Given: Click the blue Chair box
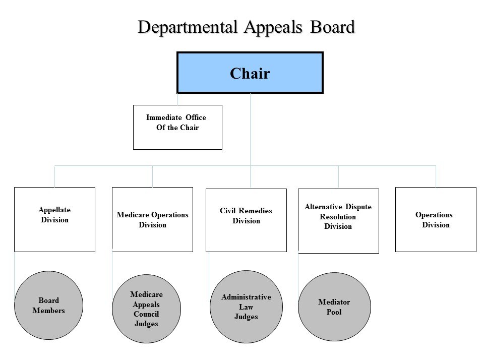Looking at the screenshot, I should coord(250,73).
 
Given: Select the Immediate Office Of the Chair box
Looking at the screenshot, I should coord(177,127).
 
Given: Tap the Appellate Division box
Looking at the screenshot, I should coord(54,219).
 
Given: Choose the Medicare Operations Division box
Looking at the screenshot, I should coord(152,219).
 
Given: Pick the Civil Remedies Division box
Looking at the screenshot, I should coord(246,220).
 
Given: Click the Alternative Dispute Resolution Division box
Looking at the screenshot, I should coord(338,221).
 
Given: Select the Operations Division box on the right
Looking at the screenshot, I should coord(436,219).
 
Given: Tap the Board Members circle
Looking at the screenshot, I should coord(49,306).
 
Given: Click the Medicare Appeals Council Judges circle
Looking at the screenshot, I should coord(146,309).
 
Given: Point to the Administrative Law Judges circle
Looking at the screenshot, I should coord(246,307).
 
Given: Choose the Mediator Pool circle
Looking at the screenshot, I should coord(334,307).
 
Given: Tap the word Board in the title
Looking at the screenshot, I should coord(331,27).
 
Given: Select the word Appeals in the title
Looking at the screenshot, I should coord(272,27).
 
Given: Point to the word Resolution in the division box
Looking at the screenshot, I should coord(338,217).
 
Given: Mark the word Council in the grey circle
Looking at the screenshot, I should coord(146,314).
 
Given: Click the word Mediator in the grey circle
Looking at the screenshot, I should coord(334,302).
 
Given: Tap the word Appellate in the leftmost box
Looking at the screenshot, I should coord(54,210).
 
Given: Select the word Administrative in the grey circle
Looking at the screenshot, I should coord(246,297).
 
